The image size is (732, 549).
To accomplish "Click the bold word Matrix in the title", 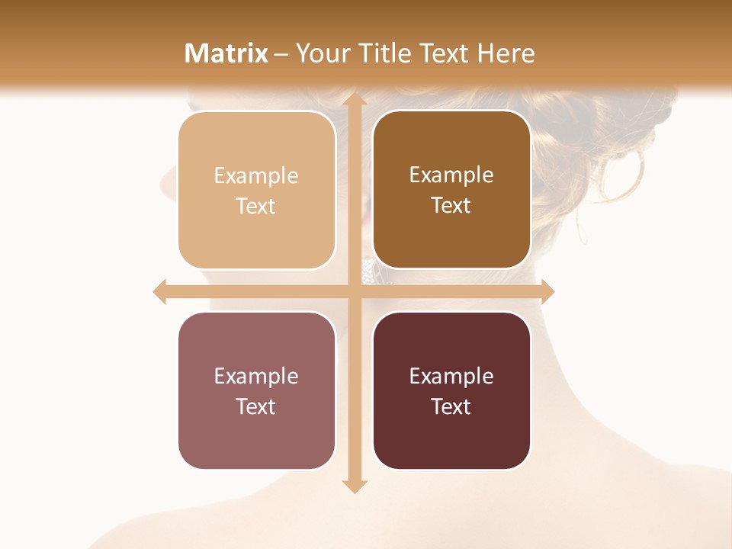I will click(226, 53).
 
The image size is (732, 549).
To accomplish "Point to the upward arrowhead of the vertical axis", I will click(354, 101).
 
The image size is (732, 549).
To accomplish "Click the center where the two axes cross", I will click(354, 291).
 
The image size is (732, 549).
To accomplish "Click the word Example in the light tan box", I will click(256, 175).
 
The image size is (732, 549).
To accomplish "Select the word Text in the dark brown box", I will click(451, 205).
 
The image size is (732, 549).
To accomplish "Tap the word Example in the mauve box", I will click(256, 376).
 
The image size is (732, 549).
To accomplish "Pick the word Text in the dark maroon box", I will click(451, 406).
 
